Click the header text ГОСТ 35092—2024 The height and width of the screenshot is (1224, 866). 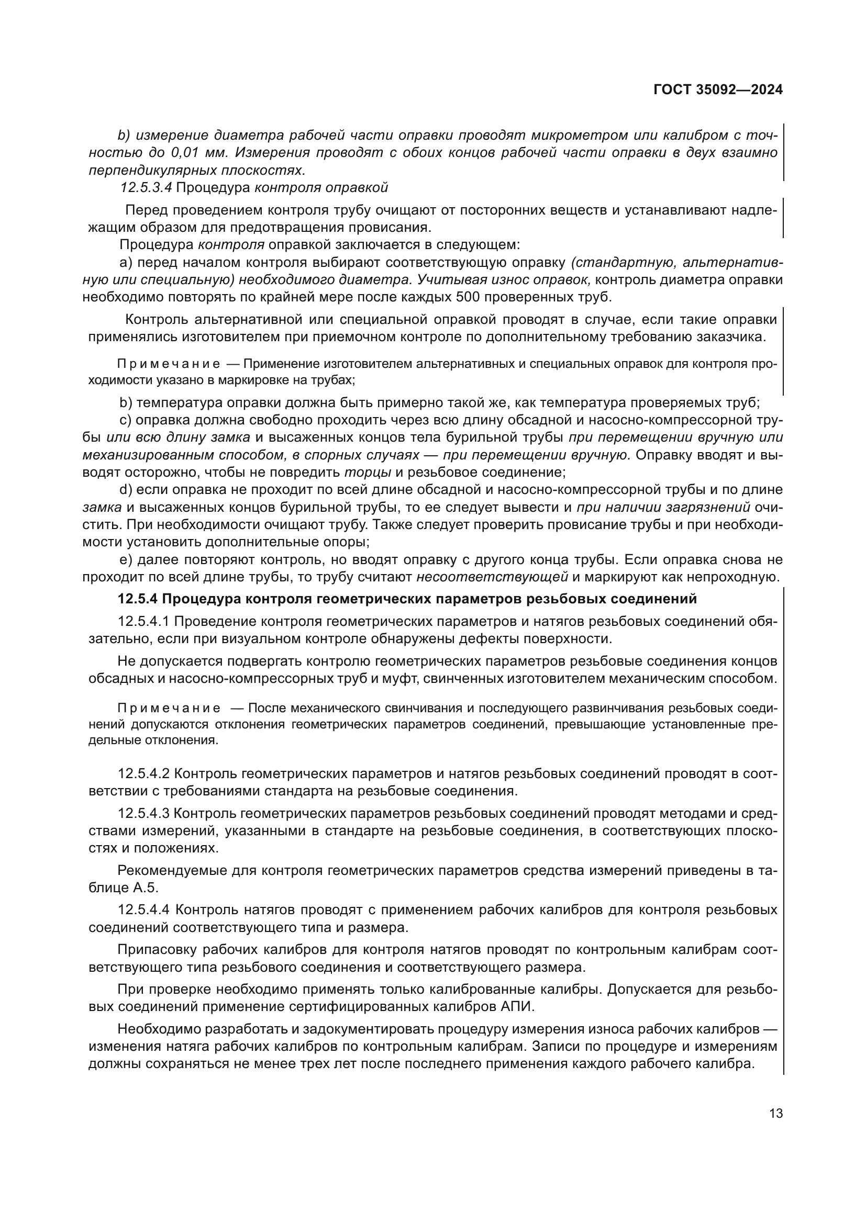tap(718, 90)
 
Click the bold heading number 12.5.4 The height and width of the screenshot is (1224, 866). tap(137, 599)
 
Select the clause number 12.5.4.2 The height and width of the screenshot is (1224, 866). tap(143, 773)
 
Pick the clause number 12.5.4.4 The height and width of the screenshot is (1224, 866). tap(144, 909)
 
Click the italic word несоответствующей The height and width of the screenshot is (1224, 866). tap(492, 577)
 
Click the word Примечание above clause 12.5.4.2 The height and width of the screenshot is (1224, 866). tap(169, 708)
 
